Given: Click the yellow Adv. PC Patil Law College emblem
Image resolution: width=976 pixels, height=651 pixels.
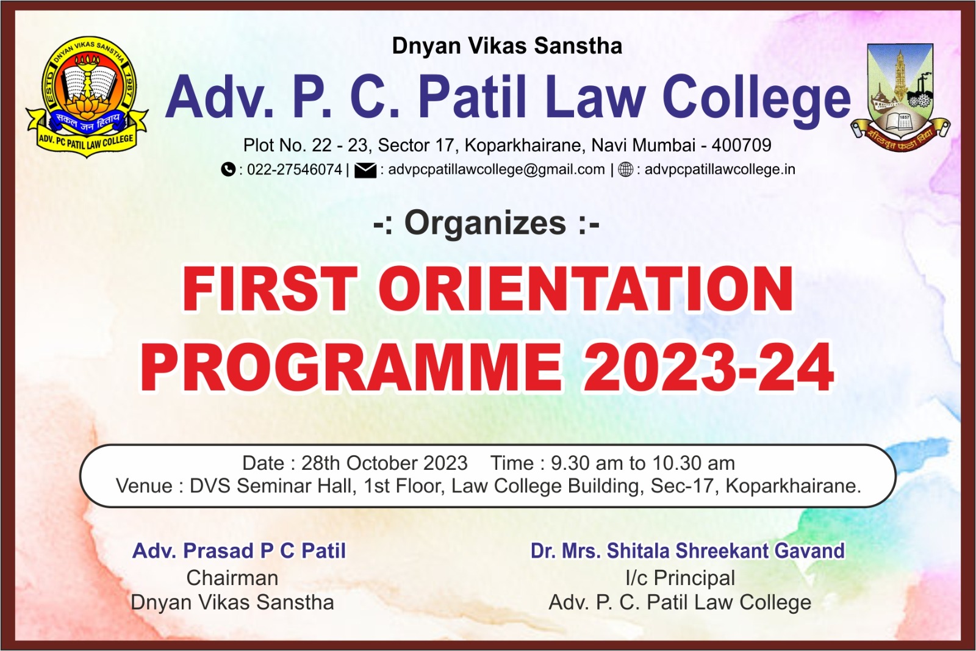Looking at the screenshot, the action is pyautogui.click(x=87, y=96).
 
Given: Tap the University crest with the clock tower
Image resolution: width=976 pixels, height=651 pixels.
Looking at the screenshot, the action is pyautogui.click(x=900, y=98).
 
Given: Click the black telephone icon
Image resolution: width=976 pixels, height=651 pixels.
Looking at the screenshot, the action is pyautogui.click(x=228, y=169).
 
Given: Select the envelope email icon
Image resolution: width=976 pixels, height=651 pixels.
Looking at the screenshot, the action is pyautogui.click(x=365, y=170).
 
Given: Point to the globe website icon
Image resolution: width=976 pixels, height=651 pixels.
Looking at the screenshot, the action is pyautogui.click(x=626, y=170).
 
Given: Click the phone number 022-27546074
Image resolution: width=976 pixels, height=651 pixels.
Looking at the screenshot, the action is pyautogui.click(x=295, y=170).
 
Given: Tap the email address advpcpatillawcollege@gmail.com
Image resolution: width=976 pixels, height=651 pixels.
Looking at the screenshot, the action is pyautogui.click(x=497, y=170).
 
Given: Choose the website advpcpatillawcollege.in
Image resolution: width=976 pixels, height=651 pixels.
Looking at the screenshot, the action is pyautogui.click(x=720, y=170).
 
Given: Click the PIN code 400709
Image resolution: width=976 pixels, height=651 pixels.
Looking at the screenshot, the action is pyautogui.click(x=741, y=145).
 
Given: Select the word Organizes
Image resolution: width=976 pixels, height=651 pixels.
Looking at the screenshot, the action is pyautogui.click(x=486, y=223).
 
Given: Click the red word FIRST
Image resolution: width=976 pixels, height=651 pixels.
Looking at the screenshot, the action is pyautogui.click(x=270, y=289).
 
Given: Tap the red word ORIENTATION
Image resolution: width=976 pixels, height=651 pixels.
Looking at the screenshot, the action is pyautogui.click(x=586, y=289).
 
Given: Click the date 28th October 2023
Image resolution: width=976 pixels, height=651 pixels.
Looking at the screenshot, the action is pyautogui.click(x=384, y=462).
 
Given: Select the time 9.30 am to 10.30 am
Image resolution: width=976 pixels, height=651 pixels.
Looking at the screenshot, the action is pyautogui.click(x=643, y=462).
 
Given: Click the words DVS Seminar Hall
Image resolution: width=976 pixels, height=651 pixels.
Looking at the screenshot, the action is pyautogui.click(x=271, y=486).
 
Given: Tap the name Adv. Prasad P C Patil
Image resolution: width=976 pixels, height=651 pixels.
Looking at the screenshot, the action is pyautogui.click(x=239, y=551).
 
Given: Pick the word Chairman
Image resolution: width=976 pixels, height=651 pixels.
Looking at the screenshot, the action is pyautogui.click(x=232, y=578).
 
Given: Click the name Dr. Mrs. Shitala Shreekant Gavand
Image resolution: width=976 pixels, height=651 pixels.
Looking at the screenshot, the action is pyautogui.click(x=687, y=551).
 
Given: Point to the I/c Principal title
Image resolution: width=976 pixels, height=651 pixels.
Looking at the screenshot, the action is pyautogui.click(x=680, y=578).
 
